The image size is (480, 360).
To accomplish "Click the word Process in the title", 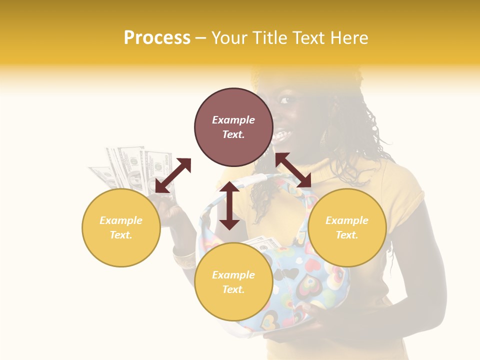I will click(x=157, y=38).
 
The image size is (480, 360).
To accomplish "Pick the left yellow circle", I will click(x=121, y=227).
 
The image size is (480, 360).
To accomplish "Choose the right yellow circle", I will click(x=347, y=227).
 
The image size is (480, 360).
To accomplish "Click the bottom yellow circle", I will click(x=233, y=282).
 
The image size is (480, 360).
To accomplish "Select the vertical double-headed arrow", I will click(x=229, y=205).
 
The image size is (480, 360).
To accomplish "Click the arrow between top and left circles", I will click(x=173, y=175).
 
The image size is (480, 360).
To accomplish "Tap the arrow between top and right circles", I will click(x=293, y=170).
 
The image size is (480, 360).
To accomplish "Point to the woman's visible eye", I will click(x=285, y=100).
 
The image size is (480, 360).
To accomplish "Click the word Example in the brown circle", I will click(x=233, y=120).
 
